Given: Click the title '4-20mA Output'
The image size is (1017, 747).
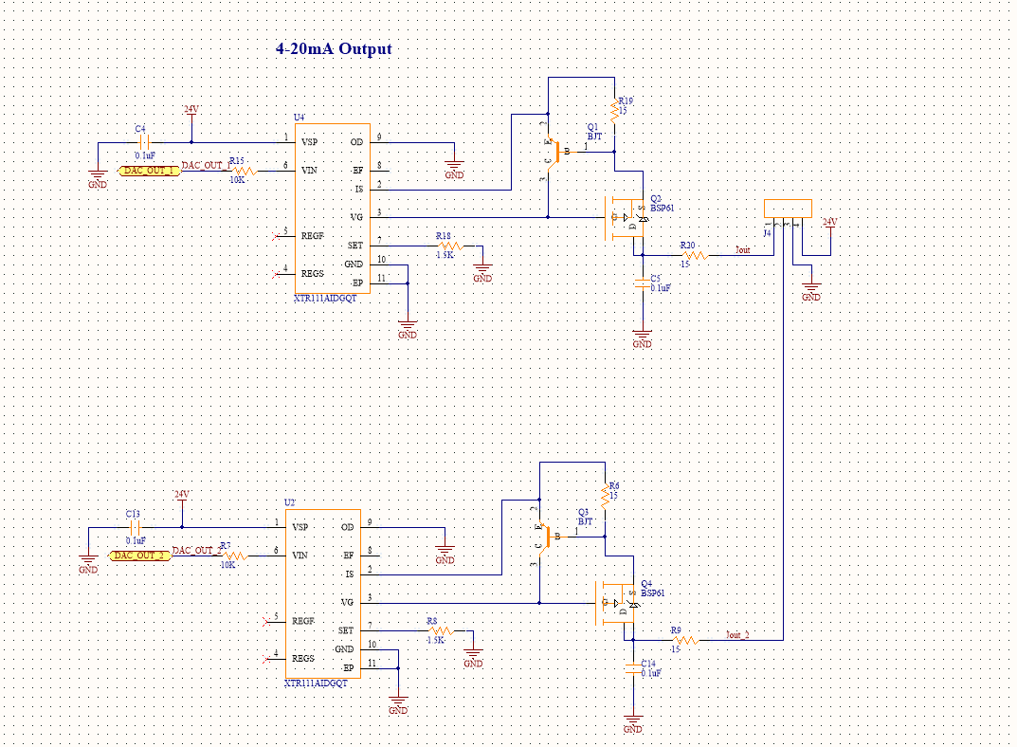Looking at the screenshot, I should pos(334,49).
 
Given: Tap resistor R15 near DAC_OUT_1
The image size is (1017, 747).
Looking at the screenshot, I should pos(244,171).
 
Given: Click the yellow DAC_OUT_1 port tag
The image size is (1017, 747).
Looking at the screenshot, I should pos(148,171).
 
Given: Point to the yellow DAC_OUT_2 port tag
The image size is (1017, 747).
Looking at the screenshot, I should pos(139,556).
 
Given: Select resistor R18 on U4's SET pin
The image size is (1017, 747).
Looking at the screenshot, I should pos(445,246).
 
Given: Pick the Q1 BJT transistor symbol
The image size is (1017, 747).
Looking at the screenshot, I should pos(554,151).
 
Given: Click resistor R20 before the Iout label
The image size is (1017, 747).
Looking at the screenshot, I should pos(695,255).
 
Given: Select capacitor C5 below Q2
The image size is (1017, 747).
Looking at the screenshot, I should pos(643,282).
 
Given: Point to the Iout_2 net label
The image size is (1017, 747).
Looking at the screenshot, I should pos(737,635).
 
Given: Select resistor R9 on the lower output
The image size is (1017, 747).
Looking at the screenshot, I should pos(685,641).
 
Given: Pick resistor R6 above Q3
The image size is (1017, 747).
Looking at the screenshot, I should pos(605,496).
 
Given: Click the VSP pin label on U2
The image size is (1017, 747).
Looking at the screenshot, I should pos(300,527).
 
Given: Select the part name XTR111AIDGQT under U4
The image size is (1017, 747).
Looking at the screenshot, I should pos(325,299).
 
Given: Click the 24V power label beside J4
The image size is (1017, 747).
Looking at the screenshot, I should pos(830,222).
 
